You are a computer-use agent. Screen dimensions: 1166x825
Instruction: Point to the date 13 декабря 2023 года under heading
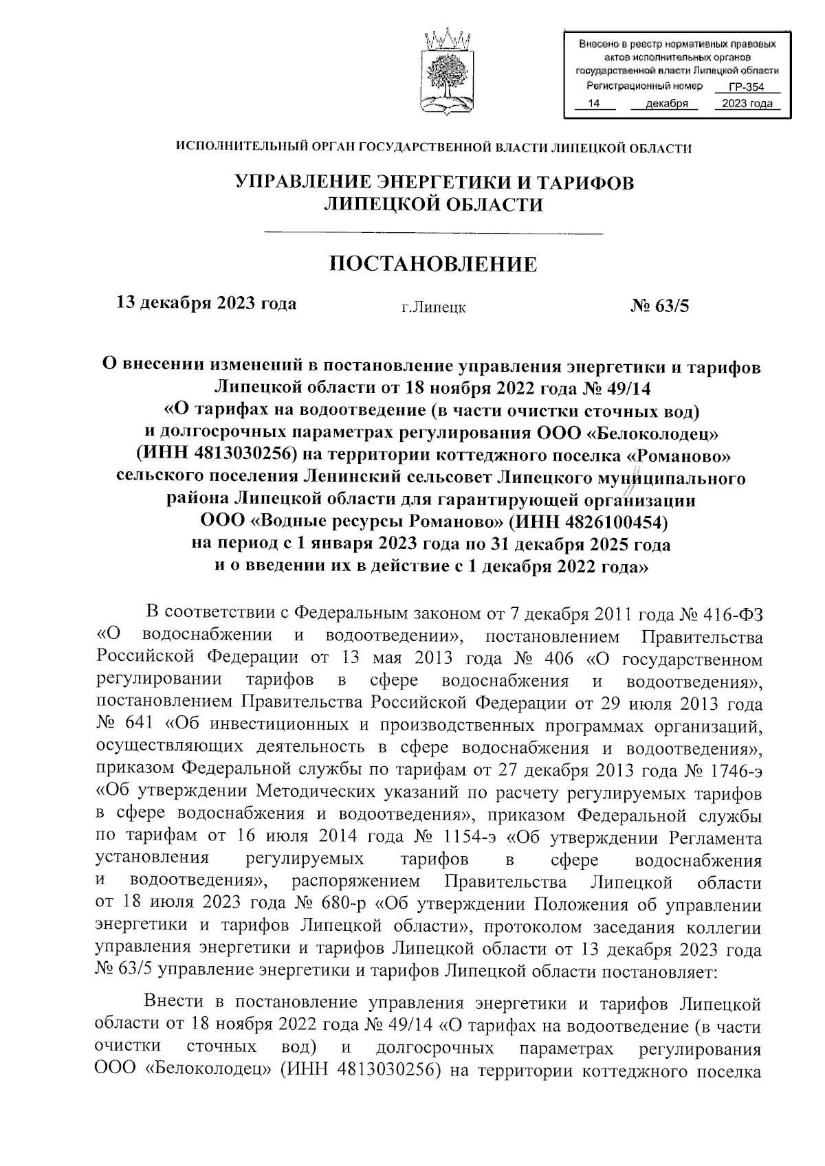pos(207,303)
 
